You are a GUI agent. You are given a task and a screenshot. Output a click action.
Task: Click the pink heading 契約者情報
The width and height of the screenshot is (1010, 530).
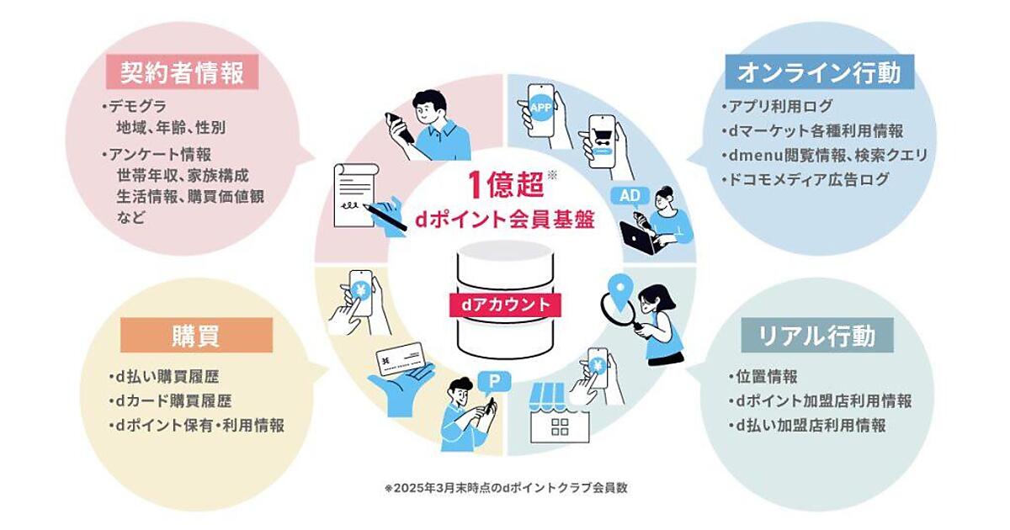[x=182, y=72]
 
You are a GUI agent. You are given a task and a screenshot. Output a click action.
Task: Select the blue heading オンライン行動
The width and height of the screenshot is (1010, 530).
[x=819, y=72]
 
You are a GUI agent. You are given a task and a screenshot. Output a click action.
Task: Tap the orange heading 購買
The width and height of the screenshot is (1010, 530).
[x=196, y=336]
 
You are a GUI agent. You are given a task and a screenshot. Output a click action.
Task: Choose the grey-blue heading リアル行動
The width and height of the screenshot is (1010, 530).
[x=817, y=336]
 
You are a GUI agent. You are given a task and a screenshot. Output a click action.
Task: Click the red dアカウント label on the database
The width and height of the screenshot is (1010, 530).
[x=505, y=305]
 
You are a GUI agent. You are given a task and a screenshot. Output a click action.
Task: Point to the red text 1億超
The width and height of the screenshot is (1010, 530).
[x=506, y=184]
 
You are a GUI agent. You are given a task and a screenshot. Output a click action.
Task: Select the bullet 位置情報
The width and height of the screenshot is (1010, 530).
[x=763, y=376]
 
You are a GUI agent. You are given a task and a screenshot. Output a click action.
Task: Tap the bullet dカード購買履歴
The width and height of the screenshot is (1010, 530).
[x=170, y=400]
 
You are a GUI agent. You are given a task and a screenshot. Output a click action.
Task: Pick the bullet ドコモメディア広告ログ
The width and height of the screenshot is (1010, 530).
[x=805, y=179]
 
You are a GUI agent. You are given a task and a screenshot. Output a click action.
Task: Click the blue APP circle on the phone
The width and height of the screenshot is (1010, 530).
[x=540, y=108]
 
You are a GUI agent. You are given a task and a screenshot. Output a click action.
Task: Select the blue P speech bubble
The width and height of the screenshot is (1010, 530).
[x=494, y=383]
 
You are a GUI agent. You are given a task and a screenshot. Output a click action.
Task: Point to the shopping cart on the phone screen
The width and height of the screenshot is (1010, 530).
[x=601, y=135]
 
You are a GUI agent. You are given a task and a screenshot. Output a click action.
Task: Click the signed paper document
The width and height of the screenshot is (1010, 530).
[x=354, y=194]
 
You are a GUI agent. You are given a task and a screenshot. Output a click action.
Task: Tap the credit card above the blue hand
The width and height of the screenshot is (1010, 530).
[x=401, y=359]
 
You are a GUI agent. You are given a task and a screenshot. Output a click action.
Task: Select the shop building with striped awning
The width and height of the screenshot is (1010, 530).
[x=560, y=413]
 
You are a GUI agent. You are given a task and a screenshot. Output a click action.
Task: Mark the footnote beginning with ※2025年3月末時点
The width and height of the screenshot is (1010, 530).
[x=506, y=488]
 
